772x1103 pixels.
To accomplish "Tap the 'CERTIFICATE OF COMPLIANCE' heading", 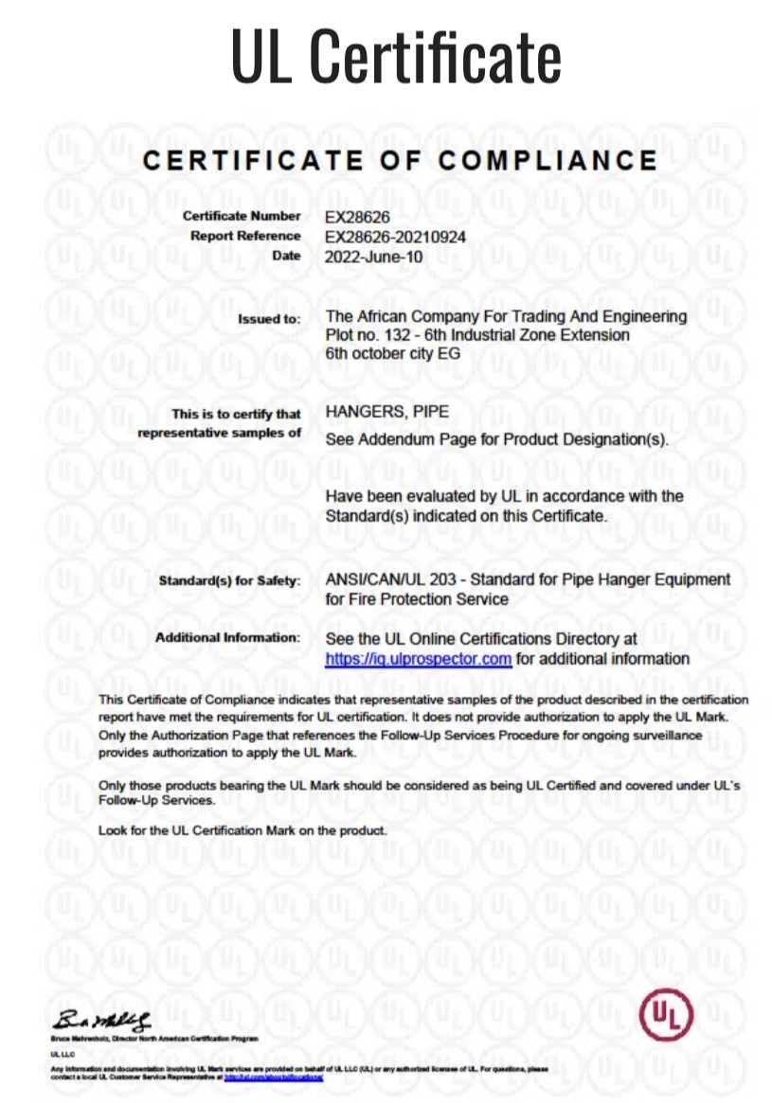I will click(400, 160).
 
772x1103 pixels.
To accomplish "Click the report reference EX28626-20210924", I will click(395, 237).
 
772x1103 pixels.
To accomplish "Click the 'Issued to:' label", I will click(269, 319).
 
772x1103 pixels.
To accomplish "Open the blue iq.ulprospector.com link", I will click(418, 659).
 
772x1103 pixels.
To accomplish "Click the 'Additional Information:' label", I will click(227, 638).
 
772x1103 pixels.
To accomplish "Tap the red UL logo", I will click(666, 1015).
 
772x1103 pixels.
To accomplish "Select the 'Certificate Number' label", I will click(242, 217).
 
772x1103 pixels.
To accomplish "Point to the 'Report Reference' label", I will click(245, 236).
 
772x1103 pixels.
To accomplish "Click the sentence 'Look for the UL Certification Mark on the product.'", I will click(243, 830).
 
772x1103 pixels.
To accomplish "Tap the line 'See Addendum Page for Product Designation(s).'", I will click(496, 440).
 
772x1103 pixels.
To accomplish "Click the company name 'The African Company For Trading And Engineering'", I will click(506, 316).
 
